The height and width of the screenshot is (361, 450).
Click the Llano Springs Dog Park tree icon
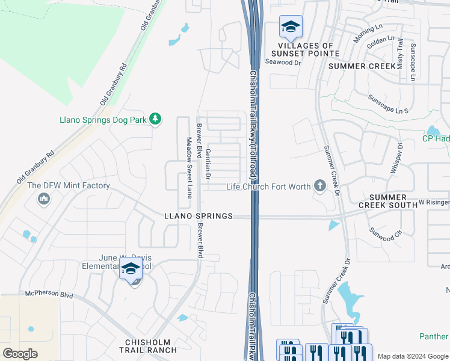point(156,119)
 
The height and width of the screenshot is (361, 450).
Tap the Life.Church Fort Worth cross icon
point(319,187)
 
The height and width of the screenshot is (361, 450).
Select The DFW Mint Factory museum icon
point(44,199)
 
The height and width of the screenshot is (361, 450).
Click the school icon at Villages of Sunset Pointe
point(291,27)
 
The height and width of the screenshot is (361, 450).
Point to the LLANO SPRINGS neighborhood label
point(199,216)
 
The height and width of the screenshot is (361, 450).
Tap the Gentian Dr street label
point(208,164)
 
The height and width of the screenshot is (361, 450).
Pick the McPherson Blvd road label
point(49,295)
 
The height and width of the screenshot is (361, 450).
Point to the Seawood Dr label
point(283,62)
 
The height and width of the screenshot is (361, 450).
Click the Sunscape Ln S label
point(388,103)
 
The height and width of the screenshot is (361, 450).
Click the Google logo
point(20,354)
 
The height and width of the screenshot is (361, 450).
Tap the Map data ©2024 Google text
point(413,356)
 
